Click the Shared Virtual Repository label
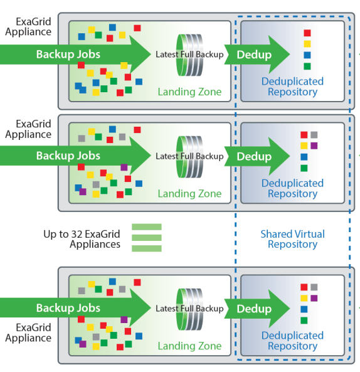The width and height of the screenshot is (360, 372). point(292,239)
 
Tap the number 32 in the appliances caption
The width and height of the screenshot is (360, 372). point(77,234)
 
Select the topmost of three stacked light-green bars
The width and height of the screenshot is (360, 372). point(147,227)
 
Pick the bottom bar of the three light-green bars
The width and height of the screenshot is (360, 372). point(147,248)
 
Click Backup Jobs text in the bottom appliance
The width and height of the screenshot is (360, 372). point(68,308)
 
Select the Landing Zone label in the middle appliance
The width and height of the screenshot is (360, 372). point(190,194)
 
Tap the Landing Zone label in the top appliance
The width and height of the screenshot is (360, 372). point(190,92)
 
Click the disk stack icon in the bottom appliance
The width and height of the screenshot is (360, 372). point(190,309)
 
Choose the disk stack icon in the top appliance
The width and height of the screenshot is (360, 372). point(190,55)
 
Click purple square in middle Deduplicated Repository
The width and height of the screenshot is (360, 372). point(314,146)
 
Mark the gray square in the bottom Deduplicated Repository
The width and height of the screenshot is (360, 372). point(314,287)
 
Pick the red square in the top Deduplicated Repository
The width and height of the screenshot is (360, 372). point(307,33)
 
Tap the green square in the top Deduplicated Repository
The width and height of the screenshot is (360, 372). point(307,66)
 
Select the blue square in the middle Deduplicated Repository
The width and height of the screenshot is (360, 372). point(304,157)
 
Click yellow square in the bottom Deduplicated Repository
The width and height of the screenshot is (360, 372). point(304,298)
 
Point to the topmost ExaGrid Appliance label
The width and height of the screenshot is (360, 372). point(28,26)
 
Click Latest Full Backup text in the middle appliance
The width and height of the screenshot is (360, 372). point(189,156)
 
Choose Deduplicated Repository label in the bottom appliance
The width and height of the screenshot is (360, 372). point(292,341)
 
